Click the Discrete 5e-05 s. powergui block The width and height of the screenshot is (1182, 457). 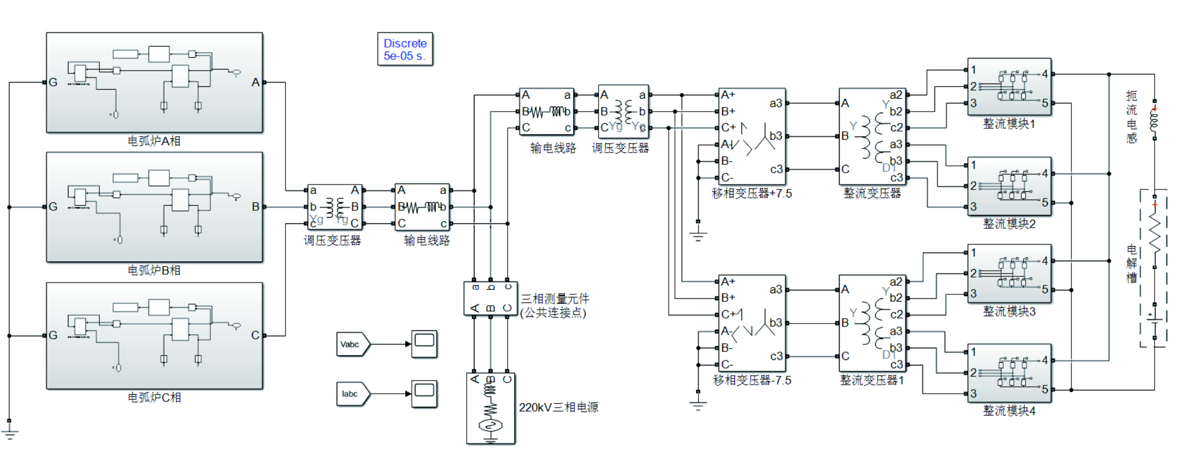(404, 49)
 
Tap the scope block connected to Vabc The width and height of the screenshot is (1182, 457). (424, 344)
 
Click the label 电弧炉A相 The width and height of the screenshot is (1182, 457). (154, 141)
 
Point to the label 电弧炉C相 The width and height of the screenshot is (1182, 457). (154, 398)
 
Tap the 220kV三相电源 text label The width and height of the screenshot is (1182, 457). (558, 408)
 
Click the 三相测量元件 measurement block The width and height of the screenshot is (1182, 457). (490, 298)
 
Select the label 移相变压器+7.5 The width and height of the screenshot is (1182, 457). (752, 193)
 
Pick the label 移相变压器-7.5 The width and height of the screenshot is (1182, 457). (752, 380)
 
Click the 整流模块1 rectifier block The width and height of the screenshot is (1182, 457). (1009, 87)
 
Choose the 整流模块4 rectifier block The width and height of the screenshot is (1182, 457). (1009, 373)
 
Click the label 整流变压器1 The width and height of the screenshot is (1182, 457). (872, 380)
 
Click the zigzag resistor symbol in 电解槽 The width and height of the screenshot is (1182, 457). (1155, 234)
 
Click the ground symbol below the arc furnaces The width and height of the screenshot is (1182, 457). (10, 432)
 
